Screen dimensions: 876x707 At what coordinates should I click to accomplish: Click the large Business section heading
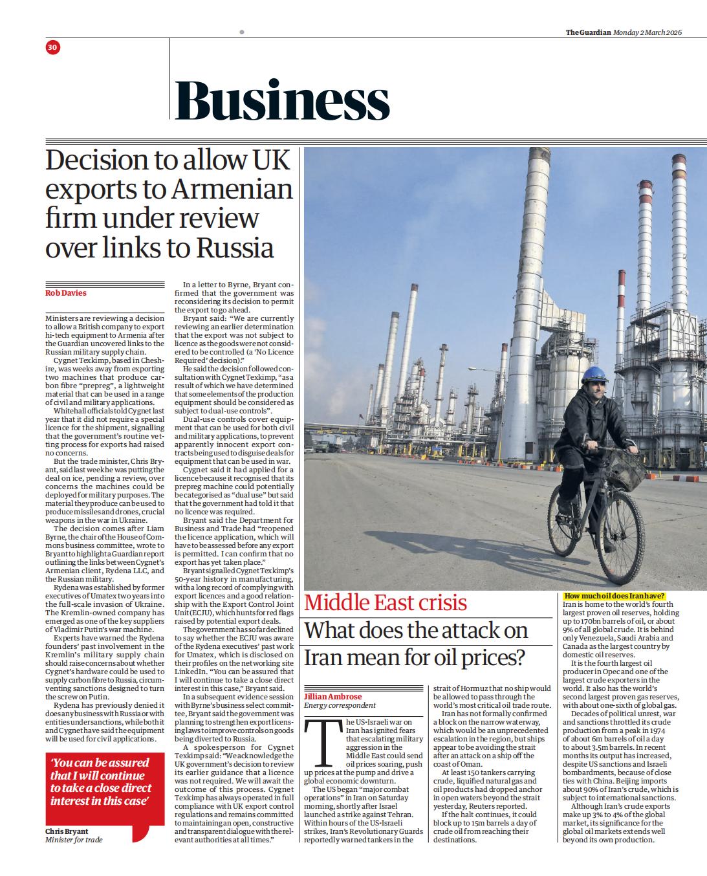[282, 101]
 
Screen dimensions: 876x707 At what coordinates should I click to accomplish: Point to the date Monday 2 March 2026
[647, 32]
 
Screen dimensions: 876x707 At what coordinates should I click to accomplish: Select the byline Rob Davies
[65, 293]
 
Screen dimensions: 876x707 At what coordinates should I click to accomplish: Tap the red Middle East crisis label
[386, 603]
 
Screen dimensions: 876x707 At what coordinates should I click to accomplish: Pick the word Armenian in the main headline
[232, 190]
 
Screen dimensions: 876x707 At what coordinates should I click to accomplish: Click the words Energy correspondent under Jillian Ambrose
[340, 705]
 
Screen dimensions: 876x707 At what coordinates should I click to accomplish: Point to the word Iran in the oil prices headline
[325, 658]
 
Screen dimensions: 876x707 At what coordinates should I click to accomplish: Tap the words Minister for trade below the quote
[74, 840]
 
